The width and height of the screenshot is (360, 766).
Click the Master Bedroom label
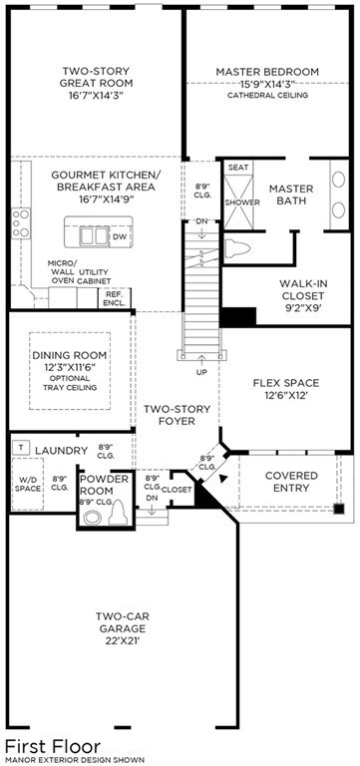point(266,72)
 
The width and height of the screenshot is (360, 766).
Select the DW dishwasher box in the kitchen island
point(120,237)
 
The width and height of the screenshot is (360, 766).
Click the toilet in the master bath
point(237,248)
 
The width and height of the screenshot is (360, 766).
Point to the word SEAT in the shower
point(238,168)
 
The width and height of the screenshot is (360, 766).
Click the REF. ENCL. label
point(115,298)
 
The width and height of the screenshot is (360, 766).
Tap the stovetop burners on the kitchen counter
point(20,223)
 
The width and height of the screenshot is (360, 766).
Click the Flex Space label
point(286,383)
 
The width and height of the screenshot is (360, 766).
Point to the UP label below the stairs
point(201,372)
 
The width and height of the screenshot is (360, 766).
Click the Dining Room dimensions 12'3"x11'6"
point(69,367)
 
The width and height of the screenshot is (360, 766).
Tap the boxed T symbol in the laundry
point(21,447)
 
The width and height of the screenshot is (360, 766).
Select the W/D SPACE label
point(27,484)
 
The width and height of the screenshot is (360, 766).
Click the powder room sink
point(92,518)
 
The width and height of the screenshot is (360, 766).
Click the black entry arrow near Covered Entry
point(223,479)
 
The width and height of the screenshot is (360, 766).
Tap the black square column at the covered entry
point(339,508)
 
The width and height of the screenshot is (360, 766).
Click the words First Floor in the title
point(53,747)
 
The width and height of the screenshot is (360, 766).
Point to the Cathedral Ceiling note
point(267,96)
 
